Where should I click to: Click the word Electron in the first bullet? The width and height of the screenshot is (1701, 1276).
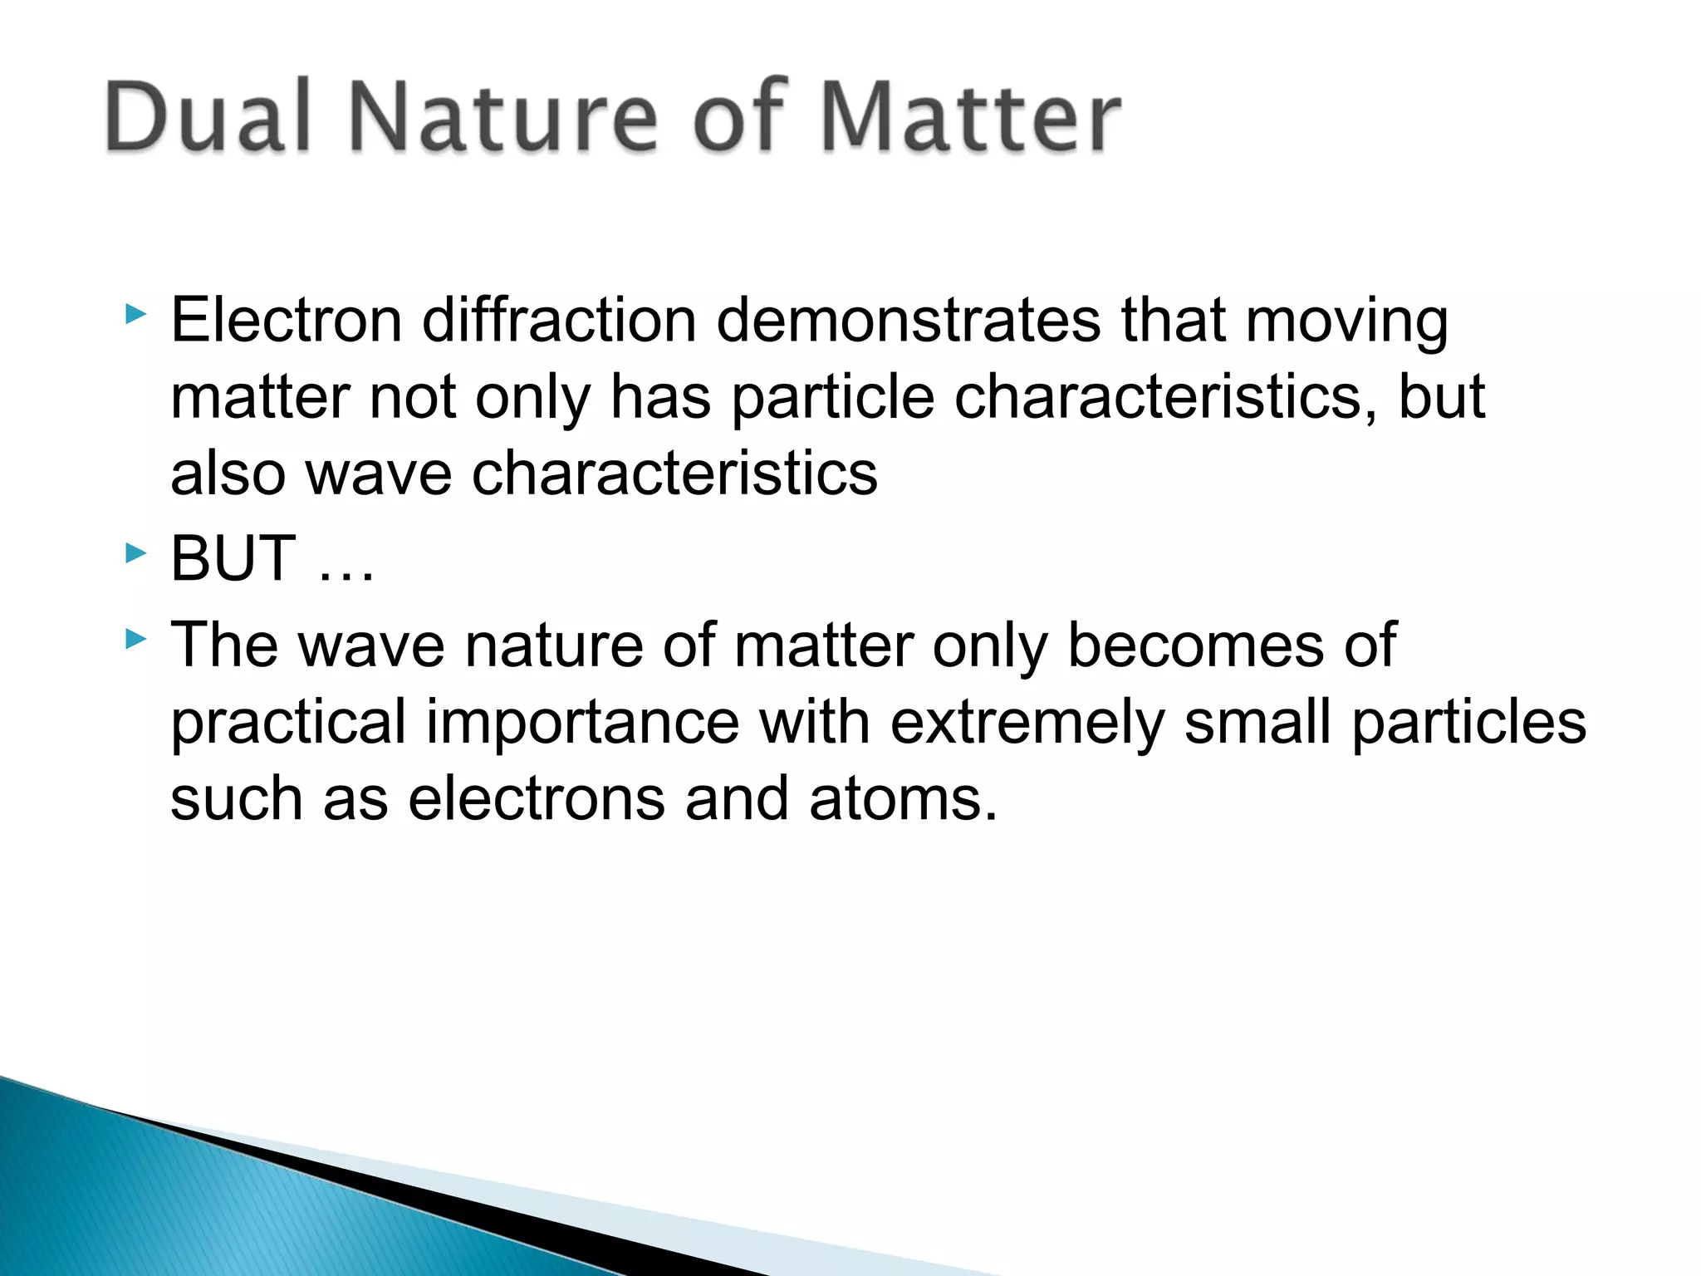(287, 321)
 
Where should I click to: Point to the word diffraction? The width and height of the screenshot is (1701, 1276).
(559, 321)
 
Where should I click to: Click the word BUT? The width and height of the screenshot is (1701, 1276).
(233, 558)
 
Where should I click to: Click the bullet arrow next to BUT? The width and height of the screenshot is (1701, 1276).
(135, 552)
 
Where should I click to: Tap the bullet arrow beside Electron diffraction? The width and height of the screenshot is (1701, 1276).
(135, 315)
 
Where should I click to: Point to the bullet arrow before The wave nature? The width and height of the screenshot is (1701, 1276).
(135, 639)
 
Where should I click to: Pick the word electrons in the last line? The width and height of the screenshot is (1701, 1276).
(537, 799)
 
